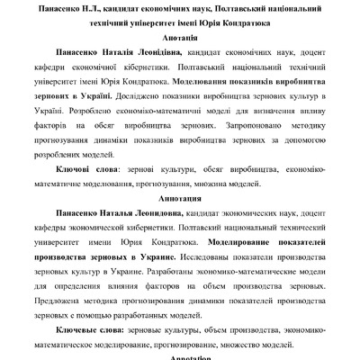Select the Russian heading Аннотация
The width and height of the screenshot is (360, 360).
(179, 193)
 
